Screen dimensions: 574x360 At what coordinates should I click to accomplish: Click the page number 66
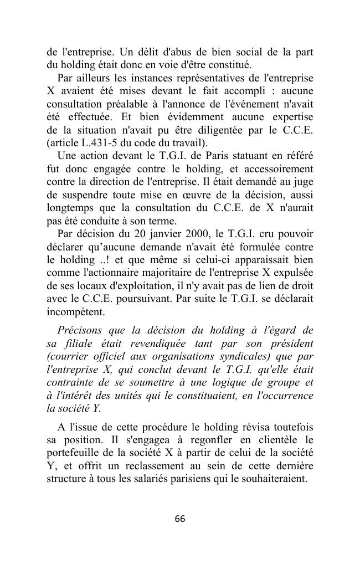pyautogui.click(x=180, y=519)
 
